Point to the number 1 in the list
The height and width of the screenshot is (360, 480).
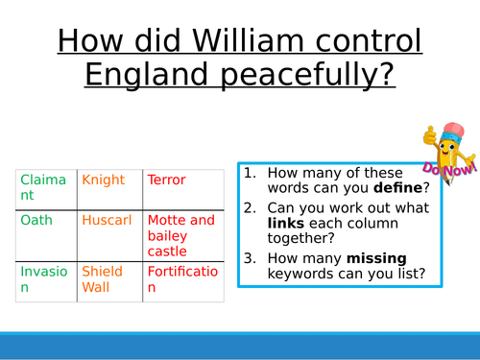click(250, 173)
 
